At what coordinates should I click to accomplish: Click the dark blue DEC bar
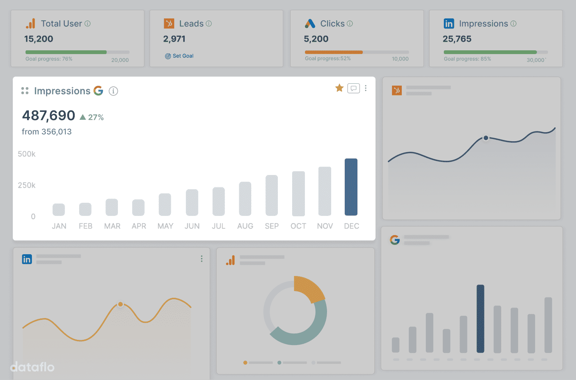[351, 187]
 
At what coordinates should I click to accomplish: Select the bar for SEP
[271, 195]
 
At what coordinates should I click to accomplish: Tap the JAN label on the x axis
[59, 226]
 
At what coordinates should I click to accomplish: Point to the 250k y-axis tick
[27, 185]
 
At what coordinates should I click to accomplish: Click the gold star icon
[339, 88]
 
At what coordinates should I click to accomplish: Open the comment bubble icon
[353, 88]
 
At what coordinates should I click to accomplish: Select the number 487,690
[49, 116]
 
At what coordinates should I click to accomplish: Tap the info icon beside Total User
[87, 24]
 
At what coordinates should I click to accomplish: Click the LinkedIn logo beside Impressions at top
[449, 24]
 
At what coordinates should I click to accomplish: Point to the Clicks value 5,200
[316, 39]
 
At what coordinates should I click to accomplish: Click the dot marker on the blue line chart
[486, 138]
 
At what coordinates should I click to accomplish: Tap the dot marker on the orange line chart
[121, 304]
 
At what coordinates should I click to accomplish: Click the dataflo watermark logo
[32, 367]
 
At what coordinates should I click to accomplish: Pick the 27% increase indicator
[92, 118]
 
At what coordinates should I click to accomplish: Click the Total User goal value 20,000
[120, 60]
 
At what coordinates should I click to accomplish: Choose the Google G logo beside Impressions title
[98, 90]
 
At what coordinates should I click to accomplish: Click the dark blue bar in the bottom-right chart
[480, 318]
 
